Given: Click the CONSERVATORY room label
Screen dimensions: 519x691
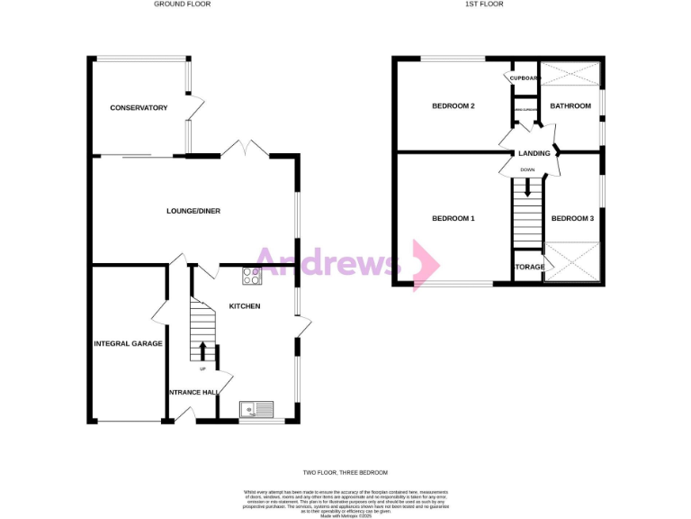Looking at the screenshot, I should pos(139,108).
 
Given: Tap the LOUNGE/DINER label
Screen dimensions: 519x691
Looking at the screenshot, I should pos(193,211).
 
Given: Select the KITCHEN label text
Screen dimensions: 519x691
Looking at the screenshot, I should pos(245,306).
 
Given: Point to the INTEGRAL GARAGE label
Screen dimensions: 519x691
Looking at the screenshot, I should pos(128,343).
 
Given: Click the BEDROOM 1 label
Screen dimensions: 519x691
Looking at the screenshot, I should pos(453,219).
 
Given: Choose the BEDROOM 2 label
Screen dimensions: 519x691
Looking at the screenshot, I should pos(453,106).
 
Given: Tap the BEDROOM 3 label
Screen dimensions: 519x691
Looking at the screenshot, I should pos(572,219).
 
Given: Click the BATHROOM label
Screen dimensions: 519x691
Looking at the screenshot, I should pos(570,106).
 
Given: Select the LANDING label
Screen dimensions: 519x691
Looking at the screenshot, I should pos(534,153).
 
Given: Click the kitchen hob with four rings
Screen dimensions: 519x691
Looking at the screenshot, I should pos(252,275).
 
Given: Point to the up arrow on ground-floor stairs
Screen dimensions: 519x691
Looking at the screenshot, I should pos(202,351).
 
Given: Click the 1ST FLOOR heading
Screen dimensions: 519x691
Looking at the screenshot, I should pos(484,5).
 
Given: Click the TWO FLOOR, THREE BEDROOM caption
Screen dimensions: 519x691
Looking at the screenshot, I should pos(345,473).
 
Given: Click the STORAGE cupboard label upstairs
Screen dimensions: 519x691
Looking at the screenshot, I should pos(528,268).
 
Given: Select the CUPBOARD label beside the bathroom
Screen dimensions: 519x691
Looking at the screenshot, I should pos(524,78).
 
